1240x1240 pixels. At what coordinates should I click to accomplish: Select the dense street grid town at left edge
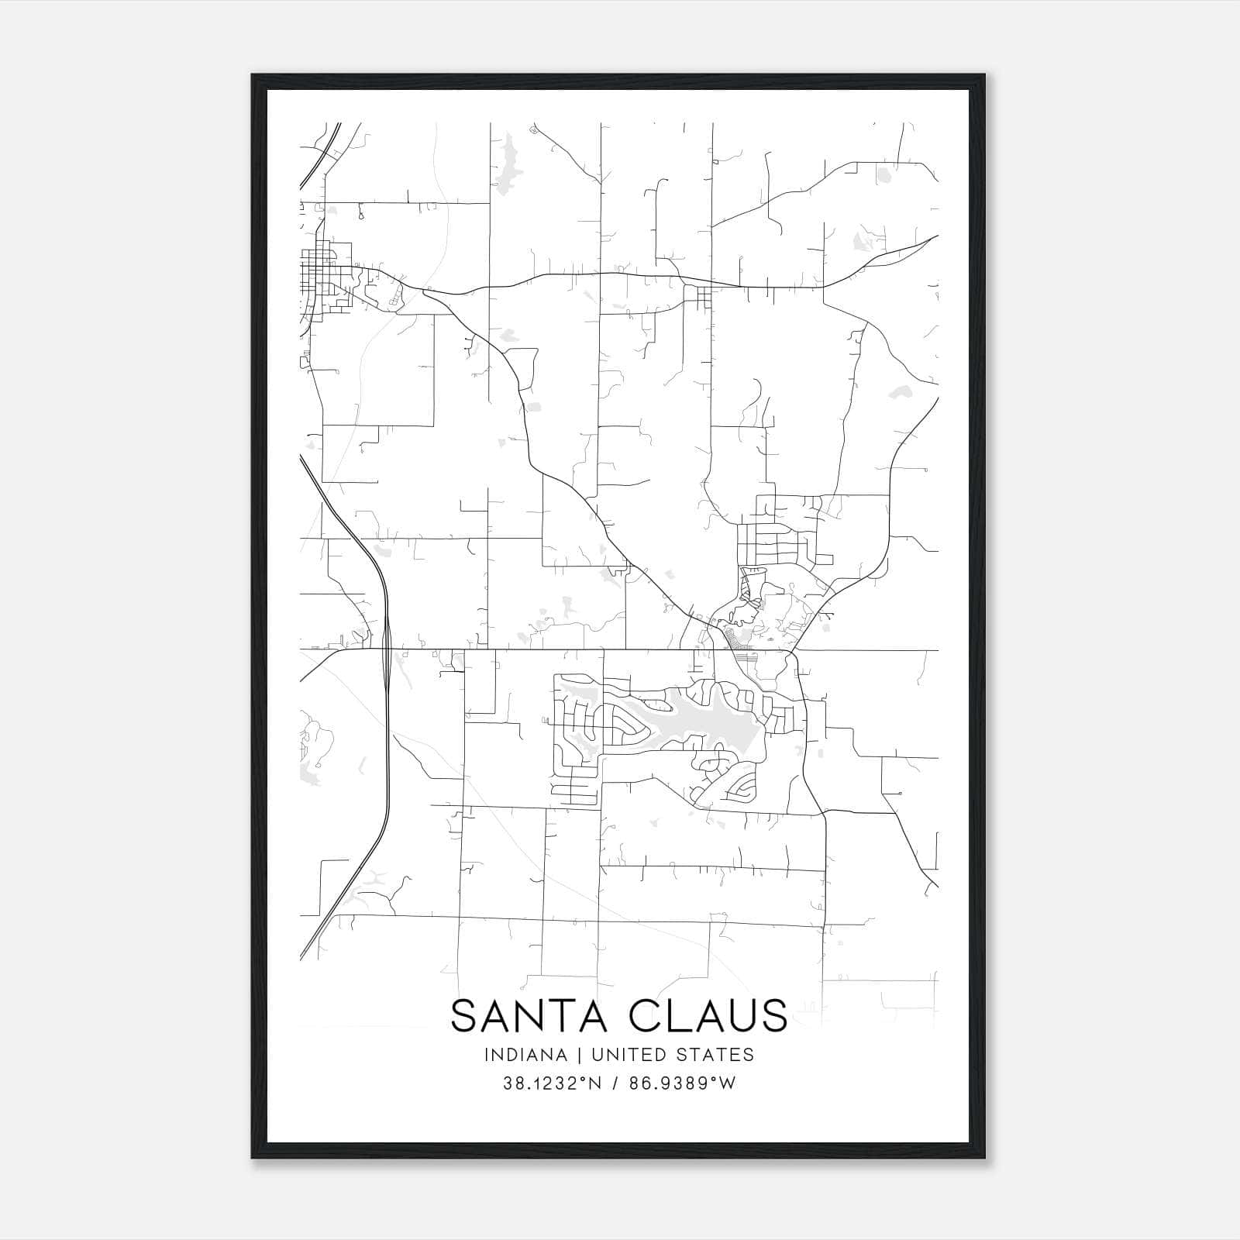325,279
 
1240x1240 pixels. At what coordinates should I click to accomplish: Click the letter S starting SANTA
463,1015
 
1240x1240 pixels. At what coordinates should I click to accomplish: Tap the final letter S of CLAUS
773,1015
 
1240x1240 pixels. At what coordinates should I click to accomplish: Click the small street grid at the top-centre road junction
704,297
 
